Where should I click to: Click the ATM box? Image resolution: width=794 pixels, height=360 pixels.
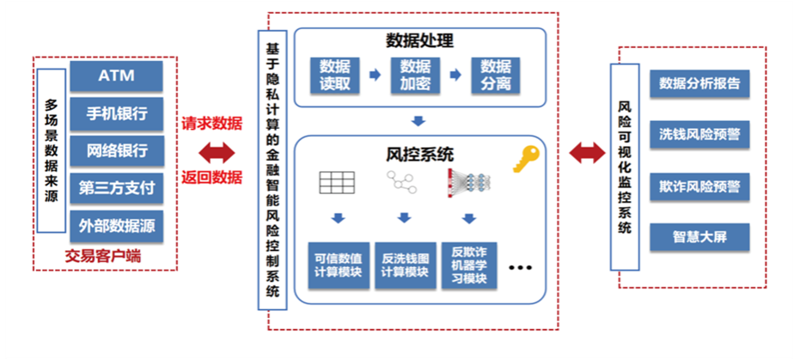pyautogui.click(x=116, y=76)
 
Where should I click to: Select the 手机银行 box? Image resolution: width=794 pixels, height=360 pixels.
pyautogui.click(x=116, y=113)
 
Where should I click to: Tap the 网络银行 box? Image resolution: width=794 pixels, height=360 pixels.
pyautogui.click(x=116, y=151)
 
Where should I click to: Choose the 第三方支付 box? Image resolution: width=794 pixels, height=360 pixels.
pyautogui.click(x=116, y=189)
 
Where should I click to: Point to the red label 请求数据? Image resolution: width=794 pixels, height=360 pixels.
pyautogui.click(x=211, y=124)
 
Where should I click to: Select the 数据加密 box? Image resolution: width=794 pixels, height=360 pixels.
pyautogui.click(x=415, y=75)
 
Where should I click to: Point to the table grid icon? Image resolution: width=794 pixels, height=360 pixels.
pyautogui.click(x=337, y=181)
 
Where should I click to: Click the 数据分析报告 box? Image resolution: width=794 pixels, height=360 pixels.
pyautogui.click(x=699, y=84)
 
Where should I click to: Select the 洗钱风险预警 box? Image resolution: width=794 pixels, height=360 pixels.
pyautogui.click(x=699, y=135)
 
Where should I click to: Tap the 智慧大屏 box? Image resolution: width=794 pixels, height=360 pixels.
pyautogui.click(x=699, y=236)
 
